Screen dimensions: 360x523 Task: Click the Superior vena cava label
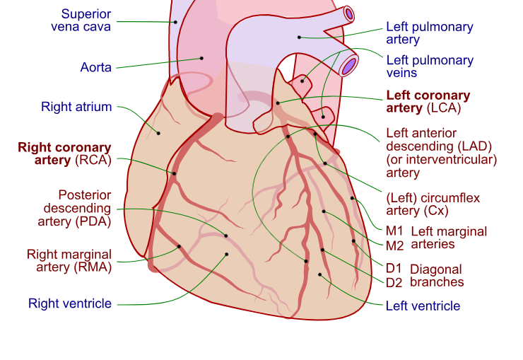click(81, 21)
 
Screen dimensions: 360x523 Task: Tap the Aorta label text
click(96, 68)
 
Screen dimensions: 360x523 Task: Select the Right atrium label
click(76, 108)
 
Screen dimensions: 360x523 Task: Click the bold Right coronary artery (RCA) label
click(65, 154)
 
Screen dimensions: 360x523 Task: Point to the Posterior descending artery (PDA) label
click(76, 209)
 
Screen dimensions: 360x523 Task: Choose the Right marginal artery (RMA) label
click(69, 260)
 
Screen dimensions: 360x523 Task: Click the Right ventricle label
click(70, 303)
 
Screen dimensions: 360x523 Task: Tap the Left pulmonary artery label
click(429, 33)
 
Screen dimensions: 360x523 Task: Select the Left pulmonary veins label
click(429, 66)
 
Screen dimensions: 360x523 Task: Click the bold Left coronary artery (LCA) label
click(428, 101)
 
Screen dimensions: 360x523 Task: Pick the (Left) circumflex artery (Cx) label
click(433, 204)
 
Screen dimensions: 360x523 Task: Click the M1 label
click(394, 231)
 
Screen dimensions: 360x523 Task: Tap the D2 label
click(394, 282)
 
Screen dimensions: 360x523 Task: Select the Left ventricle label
click(423, 306)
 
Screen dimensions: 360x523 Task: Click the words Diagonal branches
click(437, 276)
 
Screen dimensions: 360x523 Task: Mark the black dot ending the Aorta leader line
click(201, 58)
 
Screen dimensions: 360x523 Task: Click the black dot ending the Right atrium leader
click(158, 133)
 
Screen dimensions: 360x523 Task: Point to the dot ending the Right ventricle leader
click(227, 255)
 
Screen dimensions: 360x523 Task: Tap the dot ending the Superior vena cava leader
click(175, 22)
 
